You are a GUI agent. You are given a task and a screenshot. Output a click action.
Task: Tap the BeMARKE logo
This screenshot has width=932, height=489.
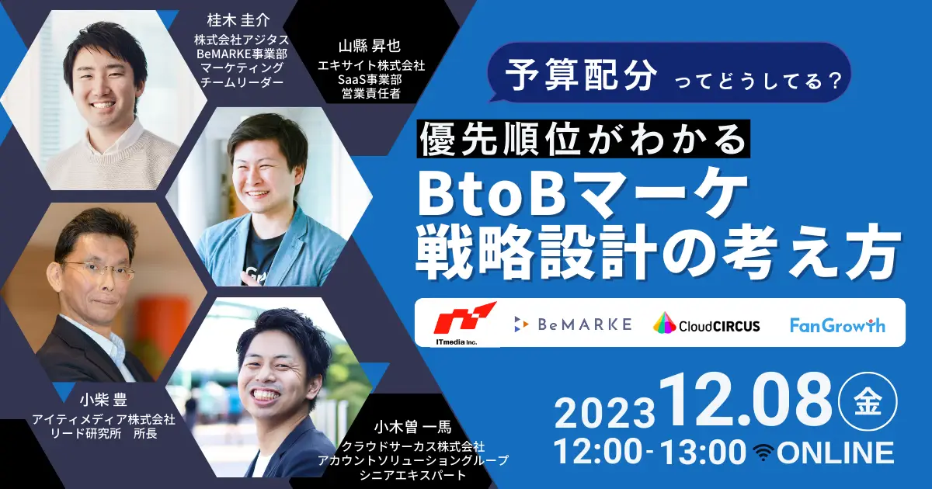573,324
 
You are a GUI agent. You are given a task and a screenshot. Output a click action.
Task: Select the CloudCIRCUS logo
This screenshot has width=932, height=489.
707,324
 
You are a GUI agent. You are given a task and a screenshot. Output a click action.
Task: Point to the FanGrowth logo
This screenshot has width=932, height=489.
837,325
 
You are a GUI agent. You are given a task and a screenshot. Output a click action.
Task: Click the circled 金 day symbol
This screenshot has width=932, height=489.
868,401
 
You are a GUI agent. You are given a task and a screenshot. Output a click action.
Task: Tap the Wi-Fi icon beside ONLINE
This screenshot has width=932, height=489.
763,453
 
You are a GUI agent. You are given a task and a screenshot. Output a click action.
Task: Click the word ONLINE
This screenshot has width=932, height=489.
836,453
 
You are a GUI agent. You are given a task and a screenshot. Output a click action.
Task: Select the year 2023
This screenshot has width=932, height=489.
604,413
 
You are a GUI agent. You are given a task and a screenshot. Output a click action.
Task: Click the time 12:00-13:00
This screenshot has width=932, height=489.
650,453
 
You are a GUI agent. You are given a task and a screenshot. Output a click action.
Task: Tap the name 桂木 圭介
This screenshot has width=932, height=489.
238,20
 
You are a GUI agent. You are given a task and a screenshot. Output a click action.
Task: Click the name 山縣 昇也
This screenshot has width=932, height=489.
370,46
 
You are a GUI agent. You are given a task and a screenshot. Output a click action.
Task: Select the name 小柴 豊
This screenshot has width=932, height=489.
103,401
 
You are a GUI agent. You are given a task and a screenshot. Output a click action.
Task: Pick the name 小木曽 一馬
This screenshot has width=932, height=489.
412,427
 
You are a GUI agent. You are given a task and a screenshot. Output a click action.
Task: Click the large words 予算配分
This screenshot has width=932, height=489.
581,74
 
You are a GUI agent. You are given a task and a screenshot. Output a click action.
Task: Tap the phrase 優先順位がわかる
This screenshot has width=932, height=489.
583,139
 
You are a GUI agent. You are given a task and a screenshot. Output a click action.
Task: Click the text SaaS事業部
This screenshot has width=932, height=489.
370,79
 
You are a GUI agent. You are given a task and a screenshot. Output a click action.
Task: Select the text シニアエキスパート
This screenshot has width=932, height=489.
412,475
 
